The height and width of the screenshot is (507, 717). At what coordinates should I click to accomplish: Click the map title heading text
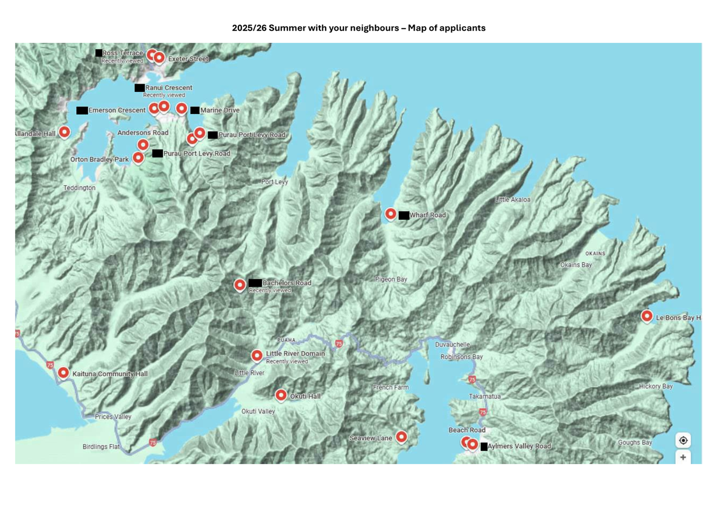tap(358, 28)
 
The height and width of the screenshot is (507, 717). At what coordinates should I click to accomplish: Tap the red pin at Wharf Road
tap(390, 213)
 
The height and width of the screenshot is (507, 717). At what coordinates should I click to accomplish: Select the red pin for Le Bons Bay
tap(647, 316)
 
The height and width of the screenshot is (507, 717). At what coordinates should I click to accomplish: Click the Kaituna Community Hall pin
tap(63, 372)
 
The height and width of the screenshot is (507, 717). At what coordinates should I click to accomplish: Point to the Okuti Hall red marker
tap(281, 395)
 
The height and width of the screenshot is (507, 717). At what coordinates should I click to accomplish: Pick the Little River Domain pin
tap(257, 355)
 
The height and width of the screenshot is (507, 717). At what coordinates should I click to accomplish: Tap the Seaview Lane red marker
tap(401, 436)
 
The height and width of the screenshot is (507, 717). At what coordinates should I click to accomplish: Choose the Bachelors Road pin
tap(240, 285)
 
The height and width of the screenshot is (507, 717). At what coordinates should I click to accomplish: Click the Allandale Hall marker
tap(64, 132)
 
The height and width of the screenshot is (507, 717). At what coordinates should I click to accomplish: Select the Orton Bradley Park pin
tap(138, 157)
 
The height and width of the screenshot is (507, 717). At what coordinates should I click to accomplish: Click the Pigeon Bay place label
tap(391, 279)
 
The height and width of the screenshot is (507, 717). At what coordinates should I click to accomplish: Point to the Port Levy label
tap(274, 182)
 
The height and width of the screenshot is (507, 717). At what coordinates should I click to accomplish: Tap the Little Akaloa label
tap(512, 200)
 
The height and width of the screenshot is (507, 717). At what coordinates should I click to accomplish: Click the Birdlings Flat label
tap(101, 447)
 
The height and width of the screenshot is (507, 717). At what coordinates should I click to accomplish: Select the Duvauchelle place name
tap(452, 344)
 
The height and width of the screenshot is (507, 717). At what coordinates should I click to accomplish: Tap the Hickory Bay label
tap(655, 387)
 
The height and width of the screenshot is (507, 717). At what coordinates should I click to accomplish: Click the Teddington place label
tap(79, 188)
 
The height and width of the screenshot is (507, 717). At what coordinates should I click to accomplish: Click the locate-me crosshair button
tap(683, 440)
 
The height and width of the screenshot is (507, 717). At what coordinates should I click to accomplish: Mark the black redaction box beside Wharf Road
tap(404, 215)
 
